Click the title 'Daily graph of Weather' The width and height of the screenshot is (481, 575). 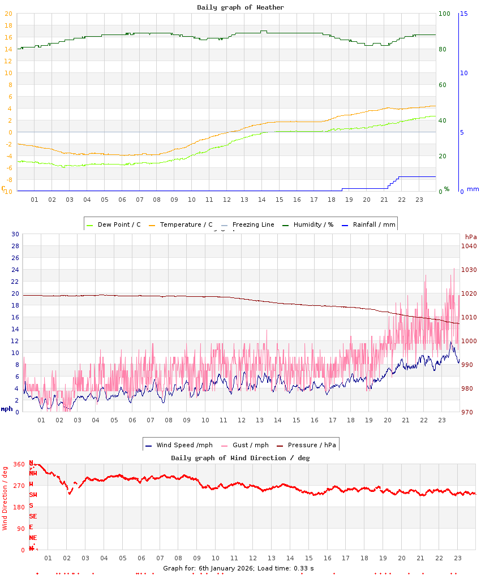coord(240,7)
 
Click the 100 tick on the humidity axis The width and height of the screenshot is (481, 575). coord(444,14)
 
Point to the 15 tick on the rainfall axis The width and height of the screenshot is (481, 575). coord(463,14)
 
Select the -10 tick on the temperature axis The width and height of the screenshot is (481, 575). coord(8,192)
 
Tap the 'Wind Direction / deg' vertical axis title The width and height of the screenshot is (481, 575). coord(5,498)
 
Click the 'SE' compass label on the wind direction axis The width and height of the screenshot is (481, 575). coord(33,516)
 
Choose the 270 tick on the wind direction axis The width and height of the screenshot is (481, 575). coord(19,486)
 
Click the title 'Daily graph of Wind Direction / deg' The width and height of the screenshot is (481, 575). coord(240,458)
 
